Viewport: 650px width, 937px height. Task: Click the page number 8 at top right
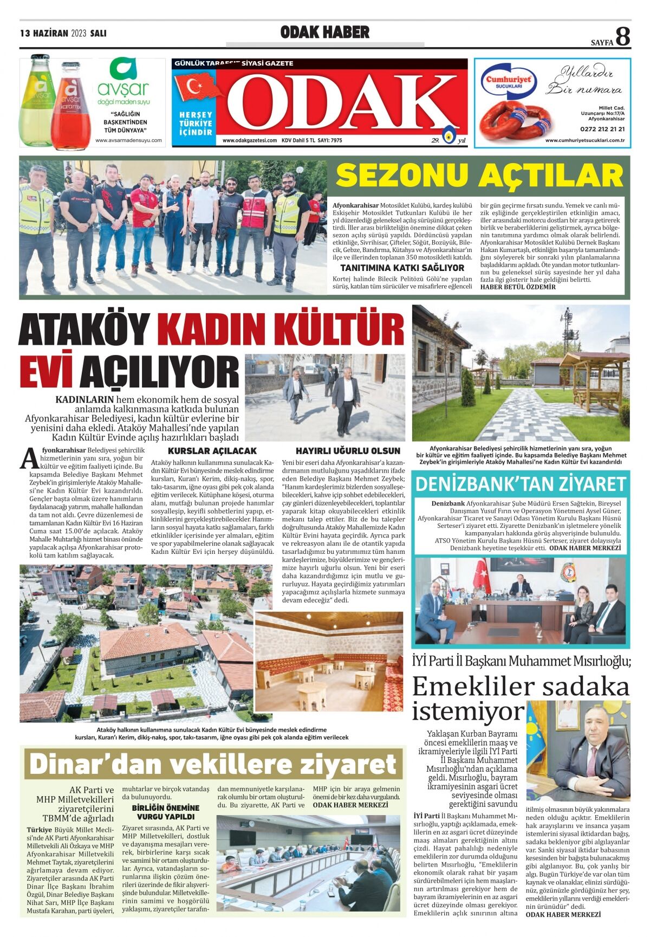(x=623, y=36)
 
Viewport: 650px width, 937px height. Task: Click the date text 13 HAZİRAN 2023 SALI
(x=63, y=33)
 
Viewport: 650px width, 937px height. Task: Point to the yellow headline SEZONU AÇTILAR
(x=479, y=176)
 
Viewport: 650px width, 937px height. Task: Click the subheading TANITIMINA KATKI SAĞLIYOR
(x=402, y=268)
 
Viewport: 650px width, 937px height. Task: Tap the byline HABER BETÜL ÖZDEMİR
(x=518, y=287)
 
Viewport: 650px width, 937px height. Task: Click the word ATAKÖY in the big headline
(x=84, y=329)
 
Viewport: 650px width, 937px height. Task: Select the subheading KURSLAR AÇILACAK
(x=212, y=451)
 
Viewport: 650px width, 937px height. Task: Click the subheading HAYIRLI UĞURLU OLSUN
(x=348, y=451)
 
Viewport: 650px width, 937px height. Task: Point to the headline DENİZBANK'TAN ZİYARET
(x=521, y=483)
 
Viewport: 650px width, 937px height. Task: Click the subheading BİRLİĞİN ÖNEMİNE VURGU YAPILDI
(x=166, y=812)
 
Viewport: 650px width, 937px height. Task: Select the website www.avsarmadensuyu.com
(x=128, y=140)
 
